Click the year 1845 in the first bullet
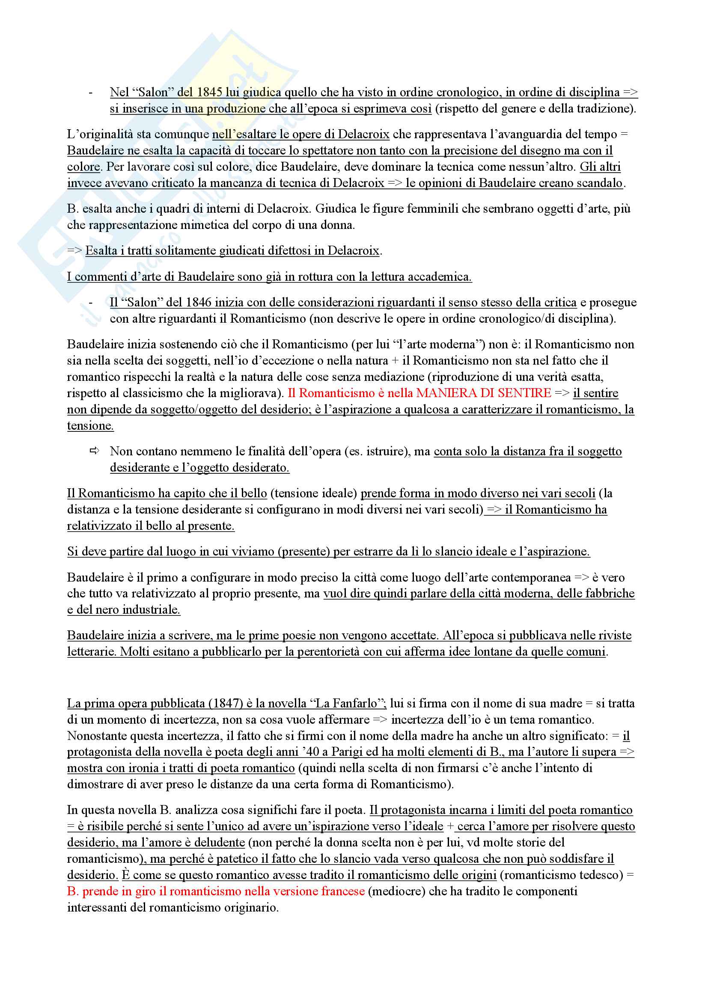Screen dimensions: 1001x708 (x=209, y=92)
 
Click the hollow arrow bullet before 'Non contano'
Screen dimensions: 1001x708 (x=94, y=451)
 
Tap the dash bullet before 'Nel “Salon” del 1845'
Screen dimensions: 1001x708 (x=91, y=92)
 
